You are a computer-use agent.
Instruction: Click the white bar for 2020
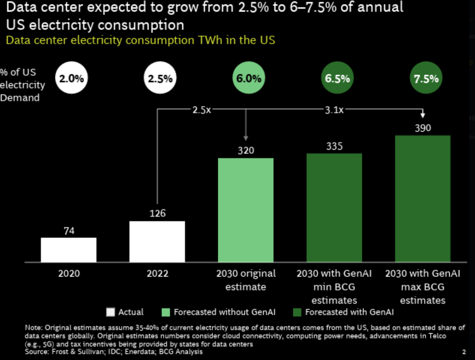pyautogui.click(x=69, y=250)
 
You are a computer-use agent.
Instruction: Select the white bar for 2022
pyautogui.click(x=157, y=241)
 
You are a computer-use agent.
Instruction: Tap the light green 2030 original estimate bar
pyautogui.click(x=246, y=210)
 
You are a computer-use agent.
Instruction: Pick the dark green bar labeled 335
pyautogui.click(x=334, y=207)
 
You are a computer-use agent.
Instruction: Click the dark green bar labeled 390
pyautogui.click(x=422, y=199)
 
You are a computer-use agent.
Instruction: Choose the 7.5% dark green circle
pyautogui.click(x=426, y=79)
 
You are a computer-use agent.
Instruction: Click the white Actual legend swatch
pyautogui.click(x=110, y=312)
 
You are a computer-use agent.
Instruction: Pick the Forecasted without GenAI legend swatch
pyautogui.click(x=166, y=312)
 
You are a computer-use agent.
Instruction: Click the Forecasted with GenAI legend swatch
pyautogui.click(x=297, y=312)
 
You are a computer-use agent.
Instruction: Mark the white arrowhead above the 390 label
pyautogui.click(x=422, y=116)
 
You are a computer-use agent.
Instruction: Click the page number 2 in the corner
pyautogui.click(x=464, y=352)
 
